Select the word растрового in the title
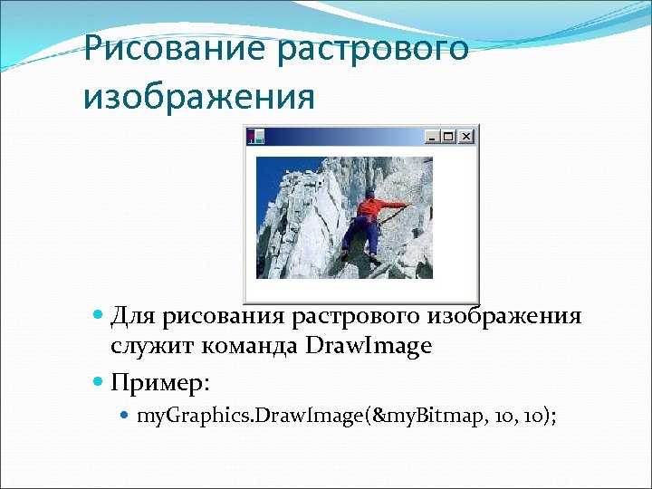point(374,48)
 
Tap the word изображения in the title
point(199,95)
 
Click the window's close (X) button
point(466,137)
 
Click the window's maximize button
point(449,137)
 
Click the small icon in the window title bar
point(256,136)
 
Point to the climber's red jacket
point(371,209)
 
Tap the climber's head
point(369,192)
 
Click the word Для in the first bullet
point(132,316)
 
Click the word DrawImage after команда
point(369,346)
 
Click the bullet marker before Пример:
point(99,382)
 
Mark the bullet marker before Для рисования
point(99,317)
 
